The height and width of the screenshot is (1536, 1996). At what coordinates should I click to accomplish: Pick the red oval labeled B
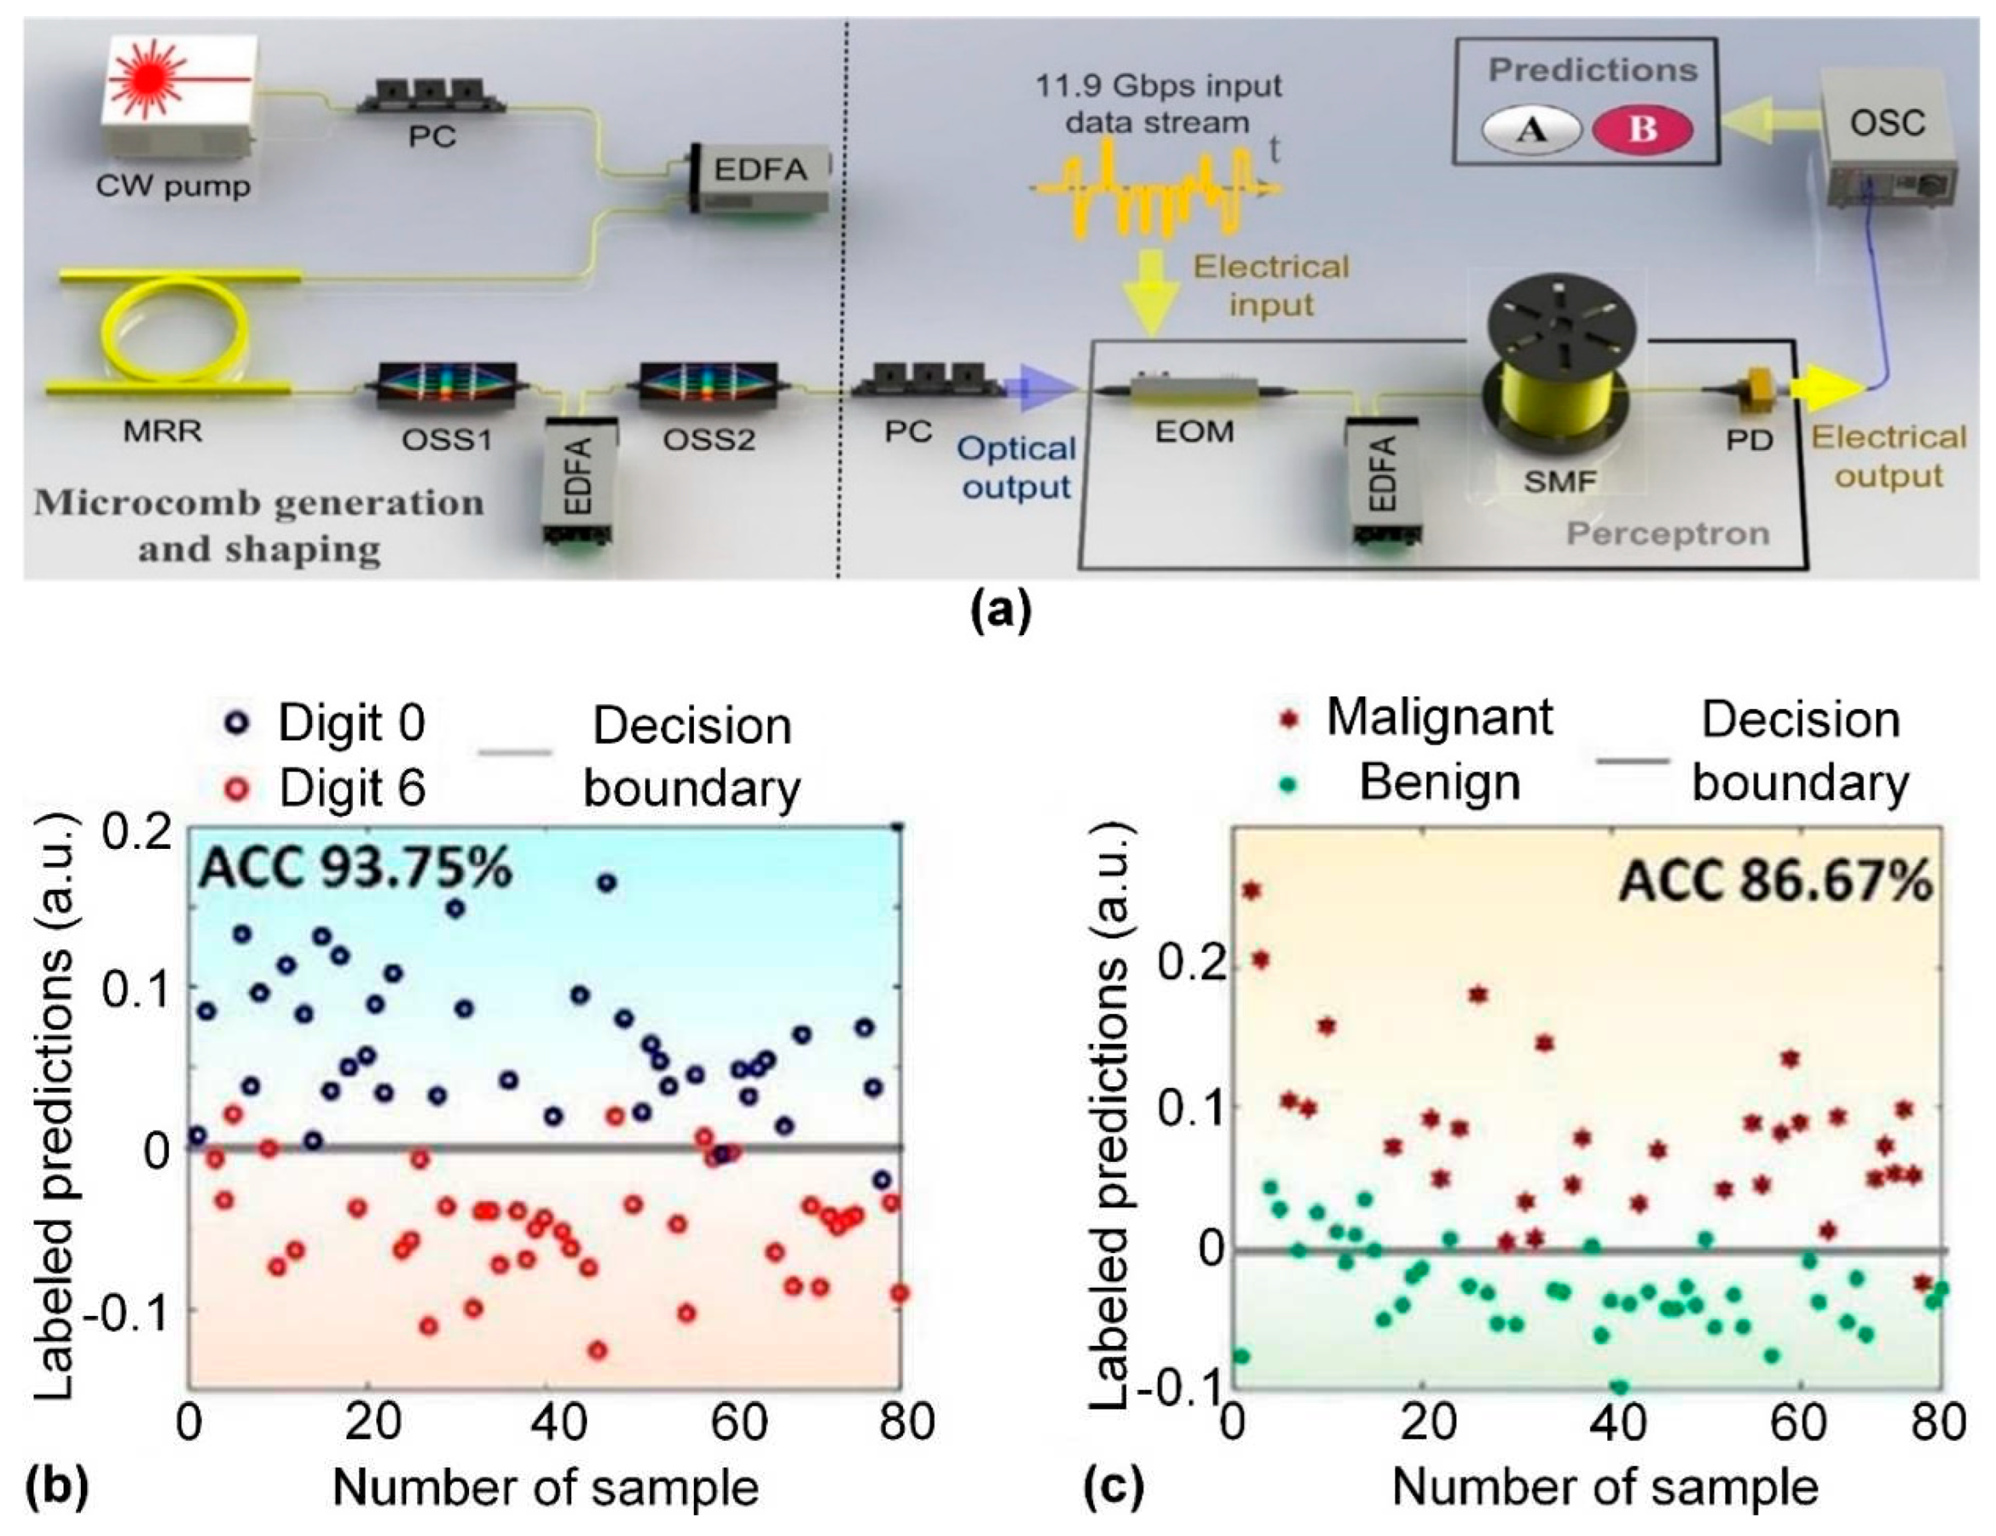1642,130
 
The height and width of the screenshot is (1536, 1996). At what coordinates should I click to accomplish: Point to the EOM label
1194,431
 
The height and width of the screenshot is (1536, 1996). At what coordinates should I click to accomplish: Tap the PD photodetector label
1750,439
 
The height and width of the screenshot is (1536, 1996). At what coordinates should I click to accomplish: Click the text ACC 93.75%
356,868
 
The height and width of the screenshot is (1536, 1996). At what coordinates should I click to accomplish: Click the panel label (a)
1001,610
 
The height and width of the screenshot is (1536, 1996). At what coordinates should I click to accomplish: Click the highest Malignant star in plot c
1251,890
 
